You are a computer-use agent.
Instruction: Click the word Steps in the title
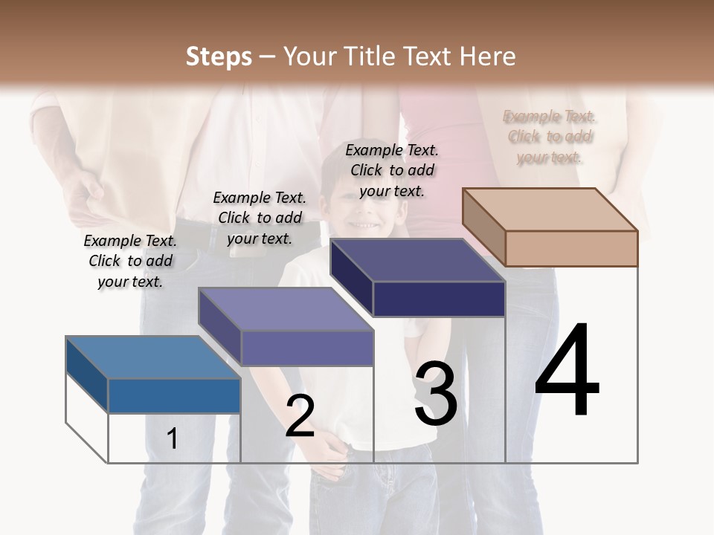point(219,56)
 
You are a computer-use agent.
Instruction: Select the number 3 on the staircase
point(435,394)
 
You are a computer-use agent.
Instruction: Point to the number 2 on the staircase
point(300,415)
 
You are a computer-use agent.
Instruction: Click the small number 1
point(173,438)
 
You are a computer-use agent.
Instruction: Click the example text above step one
point(130,261)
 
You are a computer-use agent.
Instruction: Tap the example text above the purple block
point(260,218)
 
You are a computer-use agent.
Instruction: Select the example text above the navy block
point(392,170)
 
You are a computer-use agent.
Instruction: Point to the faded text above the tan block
point(550,137)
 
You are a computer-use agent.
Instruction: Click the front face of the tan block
point(571,248)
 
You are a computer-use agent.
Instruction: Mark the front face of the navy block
point(439,299)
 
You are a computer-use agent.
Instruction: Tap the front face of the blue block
point(174,395)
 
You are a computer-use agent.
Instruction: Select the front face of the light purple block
point(306,348)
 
